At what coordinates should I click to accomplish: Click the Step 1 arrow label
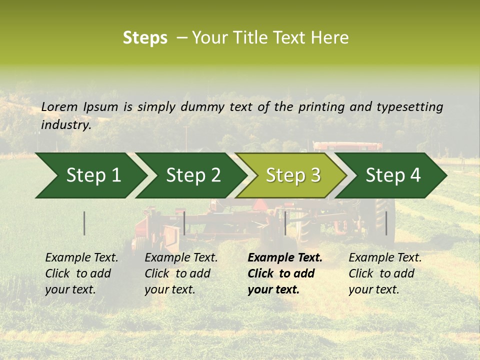pyautogui.click(x=93, y=175)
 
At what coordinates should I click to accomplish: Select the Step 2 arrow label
pyautogui.click(x=193, y=175)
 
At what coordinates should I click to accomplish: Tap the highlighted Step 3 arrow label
pyautogui.click(x=293, y=175)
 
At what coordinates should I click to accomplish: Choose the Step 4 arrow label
pyautogui.click(x=393, y=175)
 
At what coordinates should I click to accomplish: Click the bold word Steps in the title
pyautogui.click(x=145, y=38)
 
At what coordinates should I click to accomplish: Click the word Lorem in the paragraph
pyautogui.click(x=59, y=106)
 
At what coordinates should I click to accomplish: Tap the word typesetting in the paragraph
pyautogui.click(x=409, y=106)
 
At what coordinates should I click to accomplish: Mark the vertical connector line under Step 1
pyautogui.click(x=84, y=223)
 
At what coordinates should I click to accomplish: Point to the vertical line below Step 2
pyautogui.click(x=184, y=223)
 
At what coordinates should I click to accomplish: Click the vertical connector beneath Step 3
pyautogui.click(x=285, y=223)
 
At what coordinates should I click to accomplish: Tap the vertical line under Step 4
pyautogui.click(x=386, y=223)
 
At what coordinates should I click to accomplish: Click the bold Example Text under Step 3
pyautogui.click(x=285, y=257)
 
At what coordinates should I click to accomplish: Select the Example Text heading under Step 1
pyautogui.click(x=81, y=257)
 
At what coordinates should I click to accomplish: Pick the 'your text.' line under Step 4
pyautogui.click(x=373, y=289)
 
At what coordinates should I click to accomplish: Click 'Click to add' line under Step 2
pyautogui.click(x=177, y=273)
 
